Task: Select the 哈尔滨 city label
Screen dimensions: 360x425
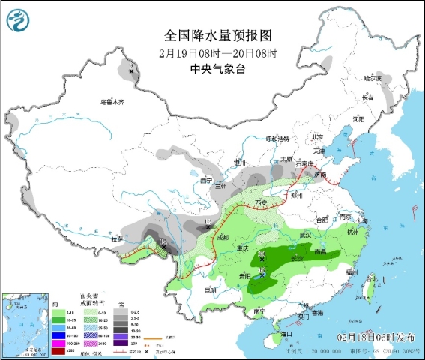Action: coord(373,77)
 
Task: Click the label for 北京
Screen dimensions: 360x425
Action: coord(317,137)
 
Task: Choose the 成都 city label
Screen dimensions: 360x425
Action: coord(222,237)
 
